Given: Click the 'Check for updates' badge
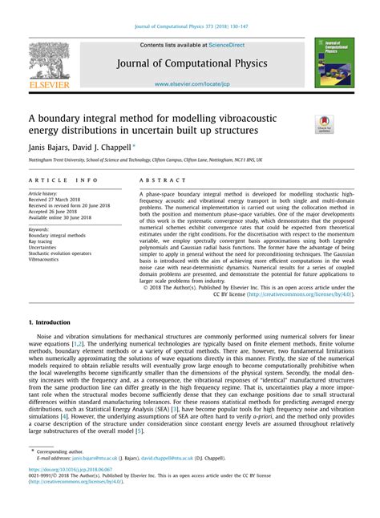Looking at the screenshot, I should [324, 123].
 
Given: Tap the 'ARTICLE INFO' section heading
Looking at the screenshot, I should [63, 181].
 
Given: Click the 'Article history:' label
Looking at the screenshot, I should [44, 194].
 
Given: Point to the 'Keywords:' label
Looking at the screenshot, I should [39, 228].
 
